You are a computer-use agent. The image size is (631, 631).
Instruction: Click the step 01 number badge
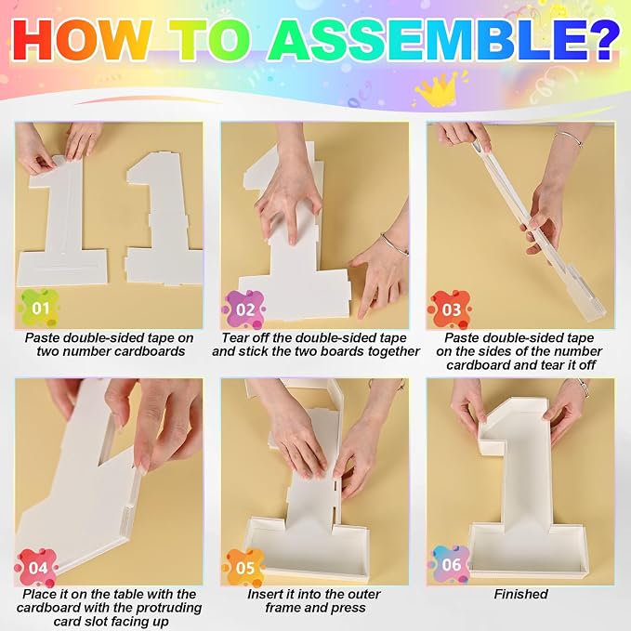click(39, 309)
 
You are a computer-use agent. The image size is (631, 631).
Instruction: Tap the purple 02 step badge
click(244, 309)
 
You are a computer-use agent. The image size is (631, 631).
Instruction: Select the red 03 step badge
click(451, 309)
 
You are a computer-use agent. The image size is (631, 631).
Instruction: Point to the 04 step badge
click(37, 568)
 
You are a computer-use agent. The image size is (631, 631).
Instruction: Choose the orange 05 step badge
click(244, 568)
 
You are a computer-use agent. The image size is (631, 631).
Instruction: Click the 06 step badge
click(451, 565)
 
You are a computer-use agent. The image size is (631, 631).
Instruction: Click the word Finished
click(520, 594)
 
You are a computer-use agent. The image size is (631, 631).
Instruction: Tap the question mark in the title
click(600, 40)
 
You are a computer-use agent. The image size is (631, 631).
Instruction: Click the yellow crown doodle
click(437, 89)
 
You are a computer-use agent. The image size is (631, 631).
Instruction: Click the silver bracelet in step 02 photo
click(394, 243)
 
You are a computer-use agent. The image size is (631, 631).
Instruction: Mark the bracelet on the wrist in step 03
click(568, 138)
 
